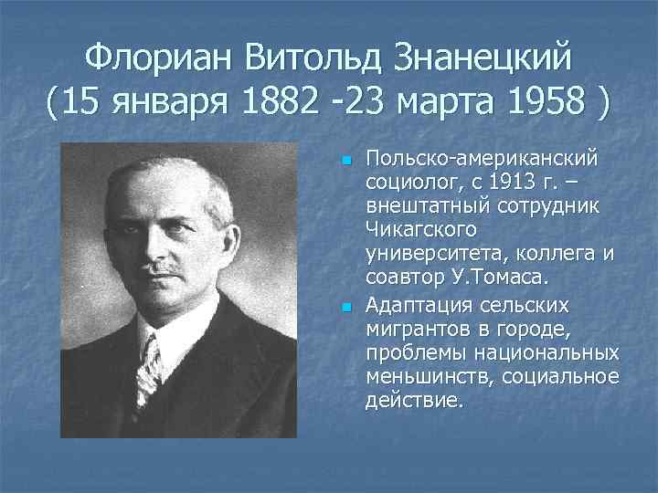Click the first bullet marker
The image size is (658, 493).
[345, 161]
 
